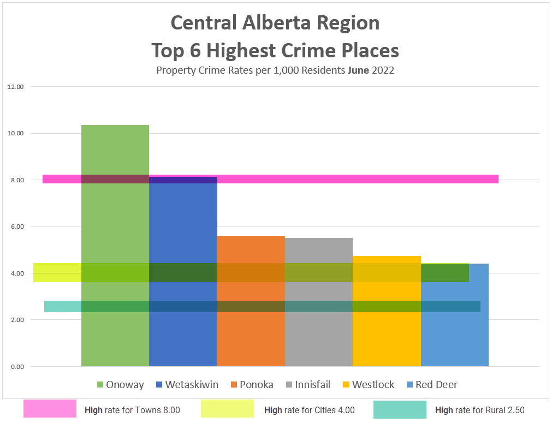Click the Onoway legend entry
click(120, 385)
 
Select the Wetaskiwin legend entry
click(187, 385)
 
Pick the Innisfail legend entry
click(308, 385)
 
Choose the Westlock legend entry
click(368, 385)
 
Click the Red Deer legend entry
click(431, 385)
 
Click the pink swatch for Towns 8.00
click(50, 409)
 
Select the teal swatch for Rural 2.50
click(400, 409)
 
